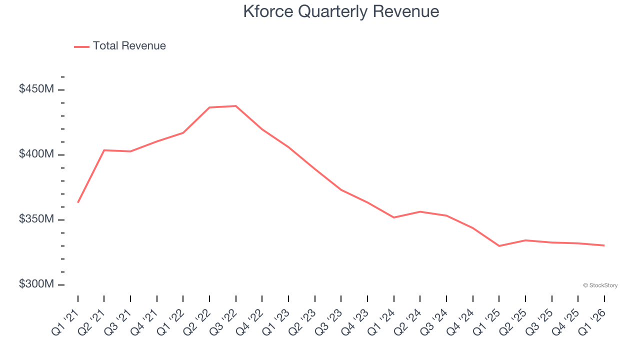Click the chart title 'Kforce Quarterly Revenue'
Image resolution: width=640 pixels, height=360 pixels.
(x=341, y=11)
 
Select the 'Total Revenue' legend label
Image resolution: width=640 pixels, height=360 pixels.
(x=129, y=46)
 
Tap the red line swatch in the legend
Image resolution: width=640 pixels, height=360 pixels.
(x=81, y=46)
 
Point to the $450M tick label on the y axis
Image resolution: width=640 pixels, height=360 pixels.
(x=36, y=89)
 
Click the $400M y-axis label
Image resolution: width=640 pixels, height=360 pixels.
(x=36, y=154)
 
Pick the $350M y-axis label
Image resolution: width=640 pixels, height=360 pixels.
(x=36, y=219)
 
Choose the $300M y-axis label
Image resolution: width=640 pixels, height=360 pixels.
(x=36, y=284)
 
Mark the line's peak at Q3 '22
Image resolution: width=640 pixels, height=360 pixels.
(x=235, y=106)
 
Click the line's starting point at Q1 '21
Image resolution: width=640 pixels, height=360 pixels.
(x=78, y=202)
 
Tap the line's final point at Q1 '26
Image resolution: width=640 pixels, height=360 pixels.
(x=604, y=245)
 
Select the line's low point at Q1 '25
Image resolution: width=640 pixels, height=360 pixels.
(x=499, y=246)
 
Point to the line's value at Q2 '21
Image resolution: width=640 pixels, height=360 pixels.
(x=104, y=150)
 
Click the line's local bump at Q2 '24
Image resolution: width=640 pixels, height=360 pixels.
(x=420, y=211)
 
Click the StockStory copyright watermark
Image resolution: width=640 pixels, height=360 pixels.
(x=600, y=285)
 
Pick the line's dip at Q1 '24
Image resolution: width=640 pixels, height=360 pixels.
(x=394, y=217)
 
